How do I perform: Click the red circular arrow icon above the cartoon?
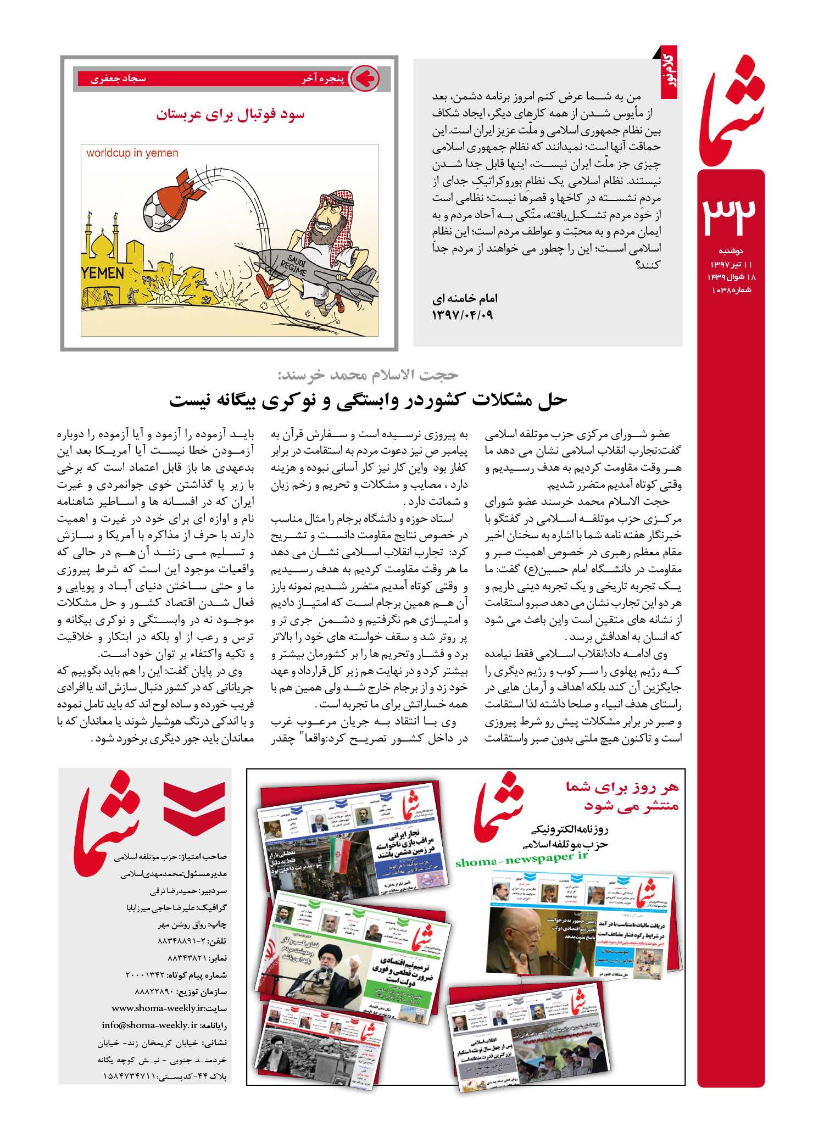coord(364,79)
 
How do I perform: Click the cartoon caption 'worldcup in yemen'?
coord(132,153)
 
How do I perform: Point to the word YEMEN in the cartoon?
coord(103,273)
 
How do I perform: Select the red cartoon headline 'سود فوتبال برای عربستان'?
coord(230,115)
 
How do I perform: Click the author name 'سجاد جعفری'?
coord(118,79)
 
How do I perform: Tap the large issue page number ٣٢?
coord(730,215)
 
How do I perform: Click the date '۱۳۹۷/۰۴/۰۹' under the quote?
coord(462,315)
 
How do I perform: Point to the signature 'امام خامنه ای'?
coord(465,299)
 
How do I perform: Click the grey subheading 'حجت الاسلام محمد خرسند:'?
coord(368,375)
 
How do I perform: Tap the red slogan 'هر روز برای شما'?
coord(622,787)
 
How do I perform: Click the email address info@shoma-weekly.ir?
coord(149,1025)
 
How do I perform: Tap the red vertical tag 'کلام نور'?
coord(669,72)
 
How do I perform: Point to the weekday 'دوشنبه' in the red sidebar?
coord(731,251)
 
